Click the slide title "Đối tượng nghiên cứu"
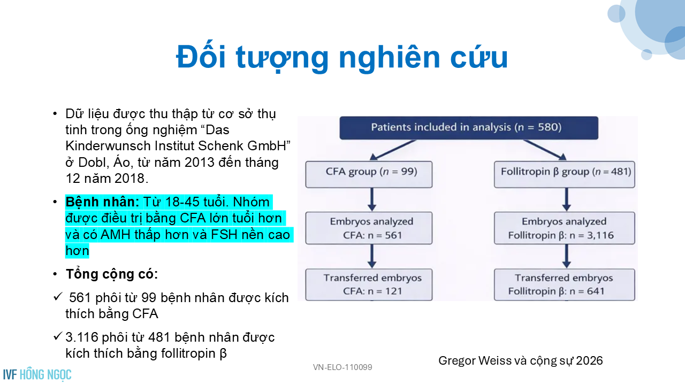click(342, 57)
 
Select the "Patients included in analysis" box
click(469, 128)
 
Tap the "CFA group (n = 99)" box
click(369, 174)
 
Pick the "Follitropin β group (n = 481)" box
click(565, 174)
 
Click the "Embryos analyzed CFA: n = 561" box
click(369, 228)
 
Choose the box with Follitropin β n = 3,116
click(565, 228)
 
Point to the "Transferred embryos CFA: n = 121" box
click(369, 285)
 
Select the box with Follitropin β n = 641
click(565, 285)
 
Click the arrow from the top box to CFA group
click(393, 150)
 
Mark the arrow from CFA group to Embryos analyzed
click(372, 199)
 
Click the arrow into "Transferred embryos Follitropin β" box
click(566, 256)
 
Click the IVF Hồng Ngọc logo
click(37, 375)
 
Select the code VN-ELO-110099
click(342, 367)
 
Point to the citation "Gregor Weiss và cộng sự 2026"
click(521, 361)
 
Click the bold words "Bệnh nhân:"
click(102, 202)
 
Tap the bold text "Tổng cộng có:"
click(112, 274)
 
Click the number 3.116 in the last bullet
click(82, 337)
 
